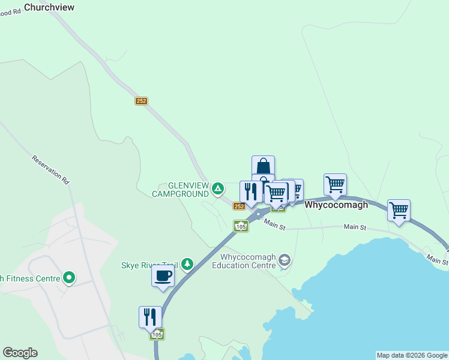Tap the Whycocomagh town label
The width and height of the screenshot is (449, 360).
(336, 205)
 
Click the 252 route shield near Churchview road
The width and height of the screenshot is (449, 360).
(141, 101)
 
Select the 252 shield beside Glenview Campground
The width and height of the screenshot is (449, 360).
(239, 206)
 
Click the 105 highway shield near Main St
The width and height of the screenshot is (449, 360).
(241, 226)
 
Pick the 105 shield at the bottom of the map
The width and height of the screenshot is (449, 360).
(157, 334)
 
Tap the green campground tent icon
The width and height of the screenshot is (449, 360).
(218, 190)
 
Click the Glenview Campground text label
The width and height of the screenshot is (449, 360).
(180, 190)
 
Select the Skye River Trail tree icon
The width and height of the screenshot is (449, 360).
(187, 264)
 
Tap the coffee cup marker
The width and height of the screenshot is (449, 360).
(163, 276)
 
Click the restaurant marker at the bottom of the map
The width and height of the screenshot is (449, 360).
(149, 316)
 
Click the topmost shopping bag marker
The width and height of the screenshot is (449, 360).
(263, 166)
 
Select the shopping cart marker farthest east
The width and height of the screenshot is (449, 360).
(399, 210)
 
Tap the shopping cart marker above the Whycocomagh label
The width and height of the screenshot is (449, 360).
(335, 184)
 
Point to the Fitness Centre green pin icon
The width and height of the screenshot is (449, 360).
(69, 277)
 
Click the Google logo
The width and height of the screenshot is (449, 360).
(20, 353)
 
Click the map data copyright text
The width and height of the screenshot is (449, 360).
(411, 355)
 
